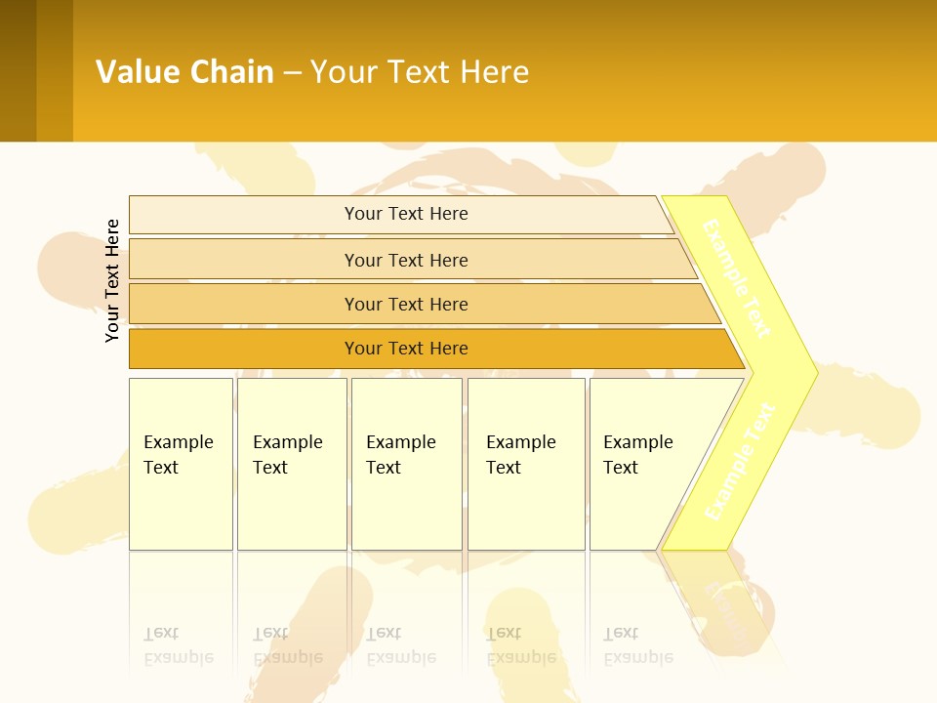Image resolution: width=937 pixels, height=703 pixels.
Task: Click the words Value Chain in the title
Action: tap(184, 72)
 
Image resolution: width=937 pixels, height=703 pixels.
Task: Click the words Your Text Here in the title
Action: tap(420, 72)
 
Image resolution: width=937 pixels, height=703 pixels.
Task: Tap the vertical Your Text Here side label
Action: tap(112, 280)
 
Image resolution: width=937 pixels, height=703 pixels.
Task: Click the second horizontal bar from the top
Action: tap(405, 260)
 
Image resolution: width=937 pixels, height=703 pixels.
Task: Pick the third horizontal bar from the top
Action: tap(405, 304)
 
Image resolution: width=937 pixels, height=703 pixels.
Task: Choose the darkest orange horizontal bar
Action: tap(405, 349)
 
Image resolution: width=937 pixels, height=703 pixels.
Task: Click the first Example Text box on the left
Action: tap(181, 463)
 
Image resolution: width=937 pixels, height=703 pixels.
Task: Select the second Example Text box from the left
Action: tap(291, 463)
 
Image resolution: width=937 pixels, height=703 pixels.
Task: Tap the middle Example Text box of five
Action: tap(406, 463)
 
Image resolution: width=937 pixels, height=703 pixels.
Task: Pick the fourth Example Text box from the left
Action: tap(525, 463)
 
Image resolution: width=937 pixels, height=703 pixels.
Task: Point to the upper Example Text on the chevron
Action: tap(737, 279)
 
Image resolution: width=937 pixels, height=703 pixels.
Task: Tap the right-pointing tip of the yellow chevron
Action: tap(811, 373)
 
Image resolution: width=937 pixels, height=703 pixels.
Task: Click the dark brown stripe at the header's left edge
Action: tap(18, 70)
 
